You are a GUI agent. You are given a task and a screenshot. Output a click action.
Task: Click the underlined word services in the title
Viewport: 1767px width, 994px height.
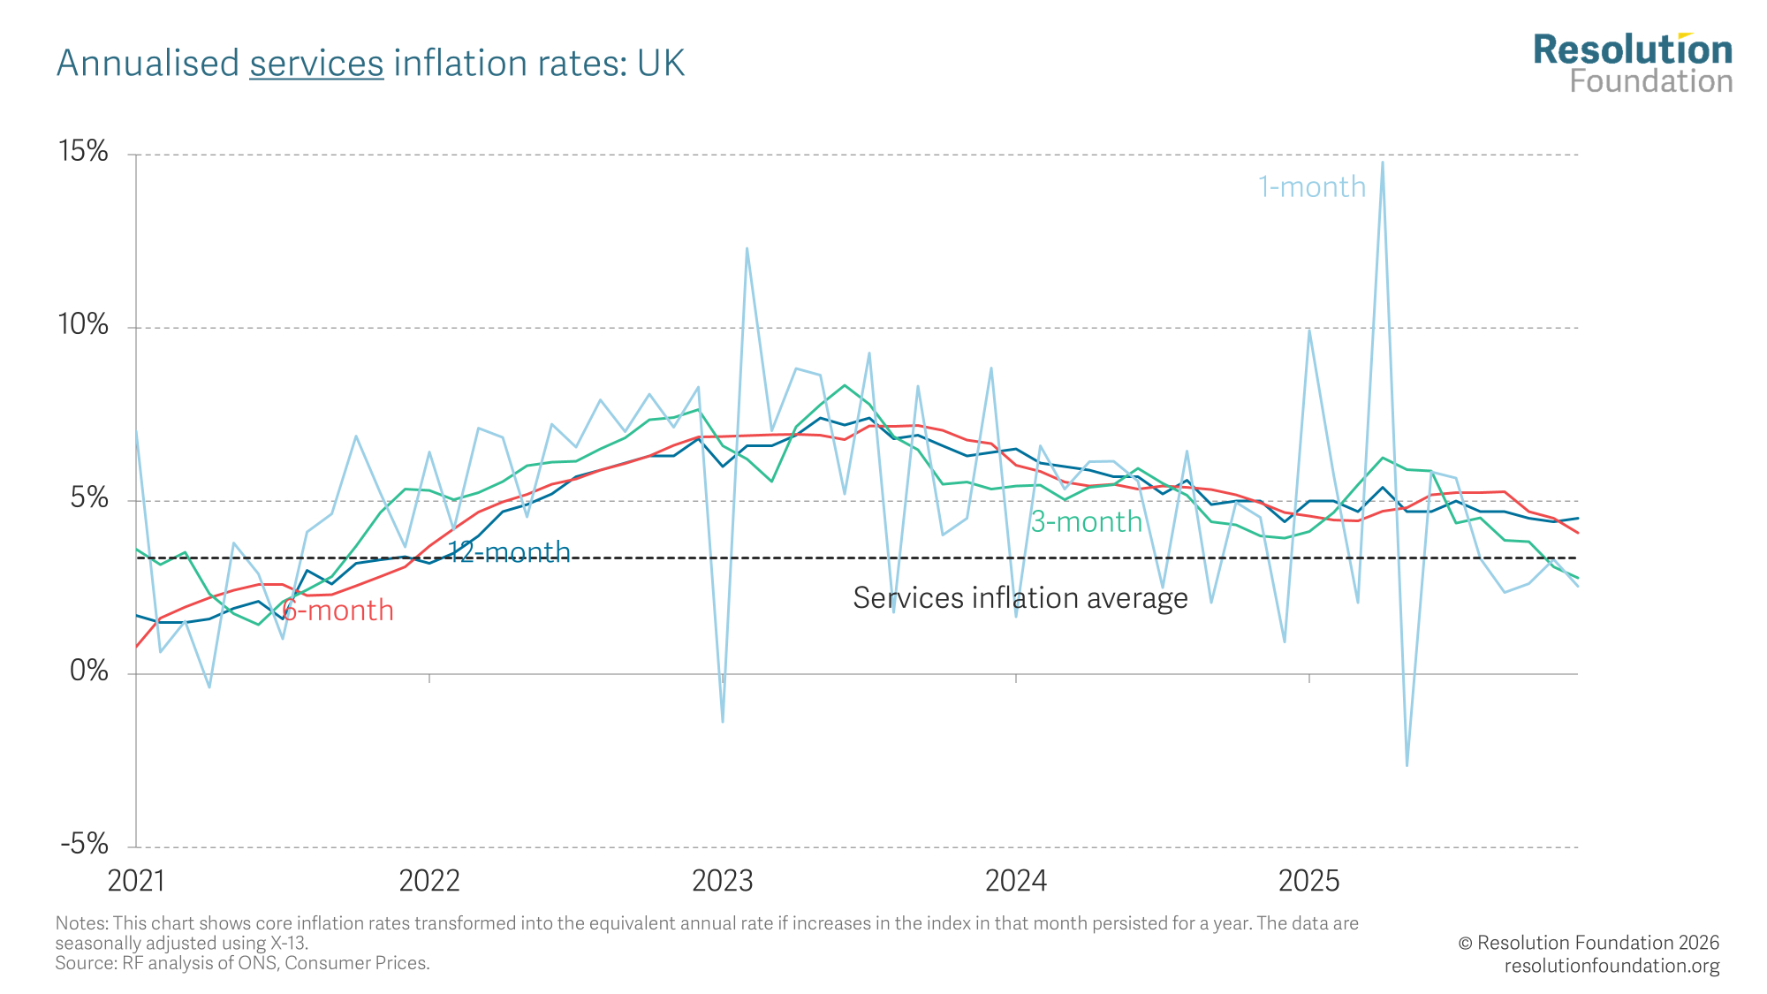coord(316,64)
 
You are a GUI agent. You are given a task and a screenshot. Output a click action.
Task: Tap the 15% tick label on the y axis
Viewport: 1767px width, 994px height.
coord(83,151)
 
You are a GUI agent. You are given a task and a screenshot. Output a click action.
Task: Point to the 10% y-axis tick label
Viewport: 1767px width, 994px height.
coord(83,324)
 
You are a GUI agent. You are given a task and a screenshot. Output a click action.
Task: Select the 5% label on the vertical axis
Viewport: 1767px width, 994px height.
coord(88,497)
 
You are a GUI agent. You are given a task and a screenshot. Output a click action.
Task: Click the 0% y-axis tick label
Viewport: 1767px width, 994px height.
coord(88,671)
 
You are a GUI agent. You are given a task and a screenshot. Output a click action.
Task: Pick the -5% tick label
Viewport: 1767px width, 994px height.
coord(84,844)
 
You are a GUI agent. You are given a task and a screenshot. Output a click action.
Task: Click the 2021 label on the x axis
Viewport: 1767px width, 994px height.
coord(136,881)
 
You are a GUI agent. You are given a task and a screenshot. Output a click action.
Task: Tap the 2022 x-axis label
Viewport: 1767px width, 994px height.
coord(429,881)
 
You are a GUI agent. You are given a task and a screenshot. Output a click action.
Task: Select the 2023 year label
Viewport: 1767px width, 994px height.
coord(723,881)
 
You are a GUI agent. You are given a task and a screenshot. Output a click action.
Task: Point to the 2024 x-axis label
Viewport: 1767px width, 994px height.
coord(1016,881)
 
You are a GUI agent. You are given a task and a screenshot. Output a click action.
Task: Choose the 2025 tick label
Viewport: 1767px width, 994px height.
coord(1309,881)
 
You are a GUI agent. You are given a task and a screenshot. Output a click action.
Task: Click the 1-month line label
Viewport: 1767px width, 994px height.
coord(1312,186)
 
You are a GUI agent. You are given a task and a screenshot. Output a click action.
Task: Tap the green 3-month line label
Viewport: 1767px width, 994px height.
coord(1087,521)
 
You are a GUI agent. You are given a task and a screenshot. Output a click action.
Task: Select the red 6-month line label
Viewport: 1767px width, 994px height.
coord(338,610)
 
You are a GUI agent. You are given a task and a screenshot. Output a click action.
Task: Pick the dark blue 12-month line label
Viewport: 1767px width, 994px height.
coord(509,552)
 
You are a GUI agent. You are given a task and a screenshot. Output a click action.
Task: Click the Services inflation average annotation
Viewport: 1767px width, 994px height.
coord(1020,598)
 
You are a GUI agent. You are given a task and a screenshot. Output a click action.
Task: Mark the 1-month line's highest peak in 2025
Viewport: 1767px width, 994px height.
coord(1383,162)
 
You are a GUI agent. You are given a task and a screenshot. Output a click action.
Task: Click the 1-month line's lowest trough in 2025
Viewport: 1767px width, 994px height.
coord(1407,765)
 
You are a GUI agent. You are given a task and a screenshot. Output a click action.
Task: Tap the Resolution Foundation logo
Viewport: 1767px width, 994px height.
coord(1633,64)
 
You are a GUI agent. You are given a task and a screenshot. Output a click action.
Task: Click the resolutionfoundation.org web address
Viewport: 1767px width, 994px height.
coord(1612,966)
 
